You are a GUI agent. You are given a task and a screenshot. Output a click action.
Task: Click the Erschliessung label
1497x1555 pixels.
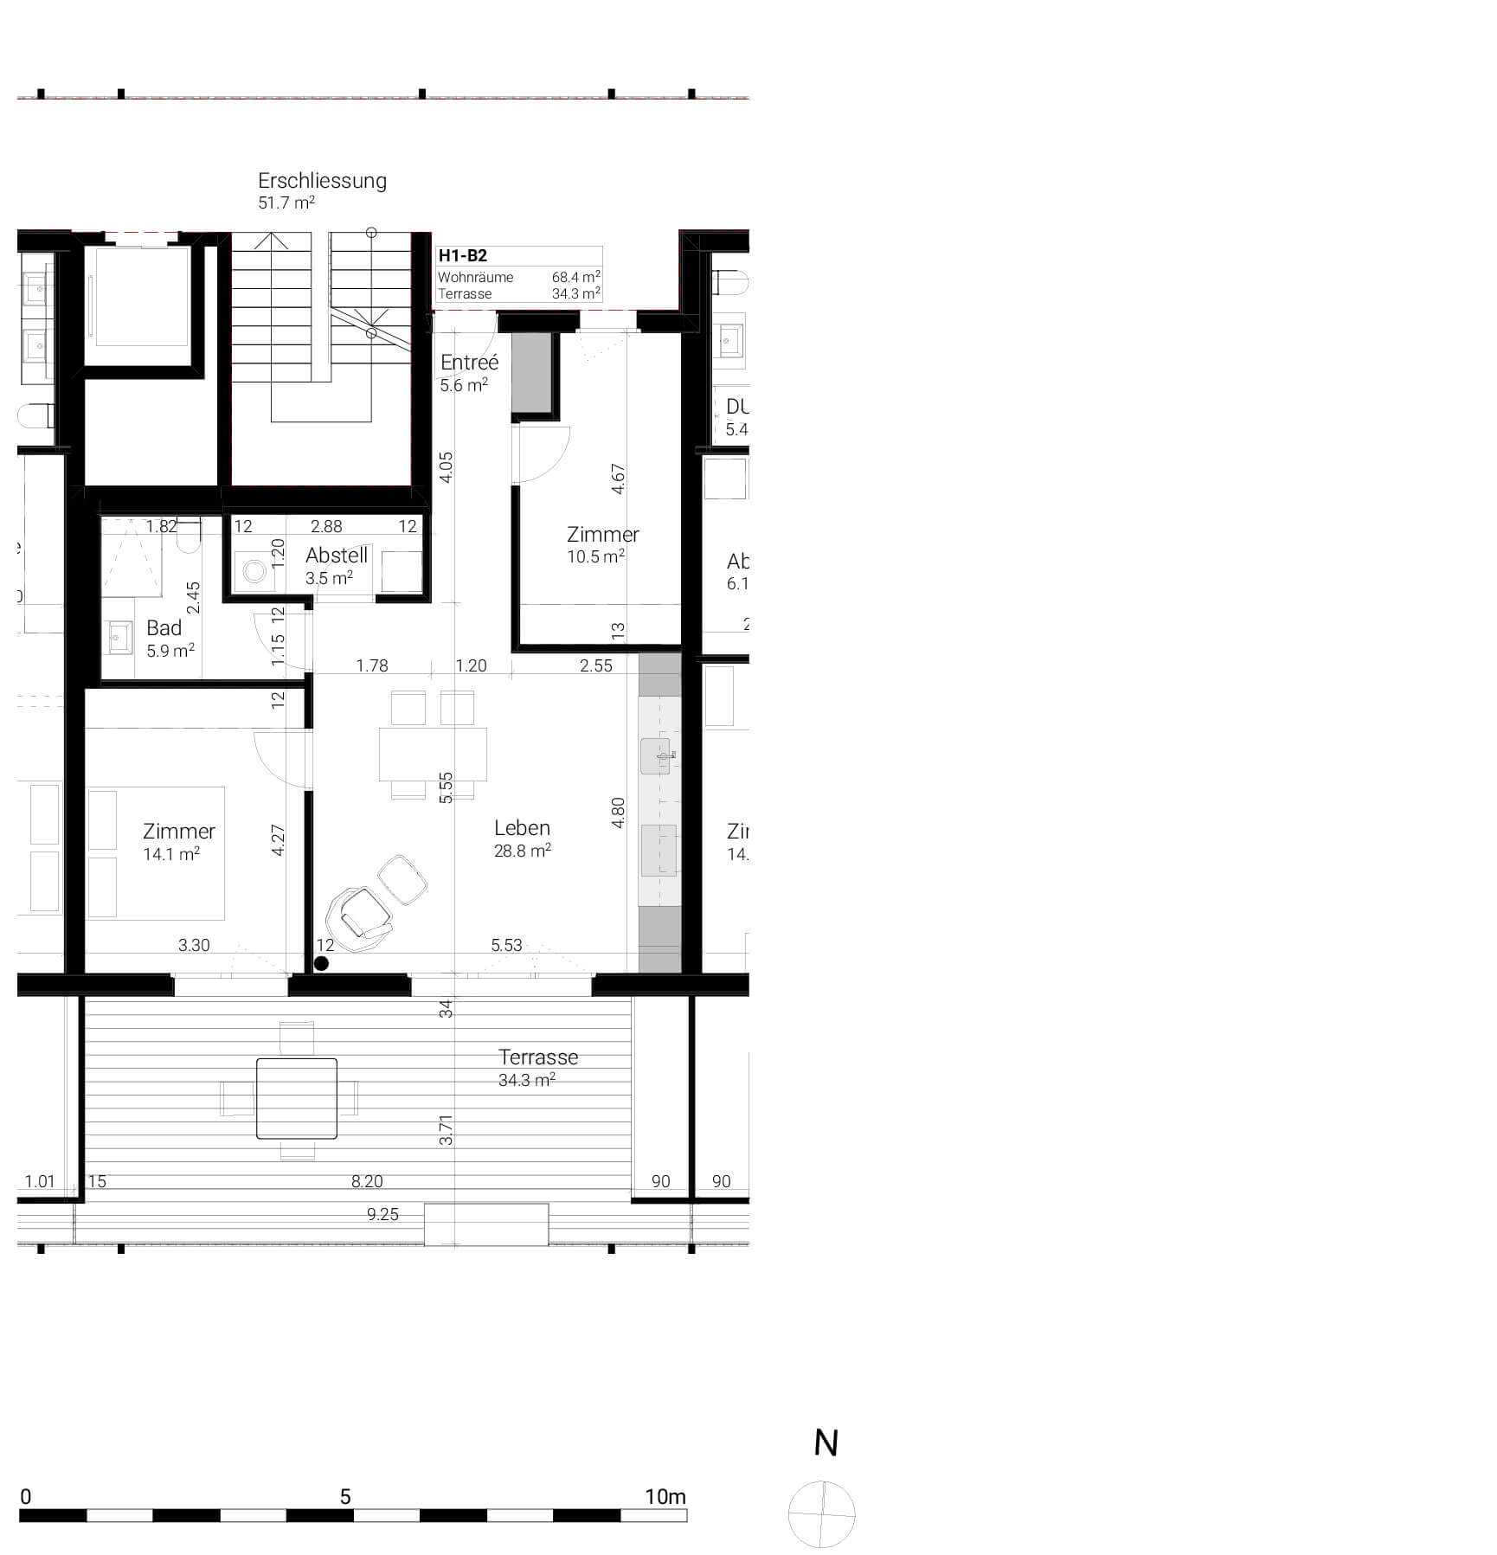[x=322, y=181]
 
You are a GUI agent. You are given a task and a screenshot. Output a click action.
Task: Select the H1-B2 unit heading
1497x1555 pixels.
[x=462, y=255]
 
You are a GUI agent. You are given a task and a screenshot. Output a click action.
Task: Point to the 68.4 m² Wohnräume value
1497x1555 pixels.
[x=575, y=277]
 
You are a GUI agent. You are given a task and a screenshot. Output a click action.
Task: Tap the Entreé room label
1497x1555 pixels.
[x=469, y=363]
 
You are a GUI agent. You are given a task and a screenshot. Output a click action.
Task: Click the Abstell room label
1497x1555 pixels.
[x=337, y=556]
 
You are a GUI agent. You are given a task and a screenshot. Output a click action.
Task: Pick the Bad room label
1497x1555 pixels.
[x=164, y=628]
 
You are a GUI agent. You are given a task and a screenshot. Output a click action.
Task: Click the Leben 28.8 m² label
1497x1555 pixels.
[x=522, y=838]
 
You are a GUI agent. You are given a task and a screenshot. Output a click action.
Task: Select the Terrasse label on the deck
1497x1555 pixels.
[x=537, y=1057]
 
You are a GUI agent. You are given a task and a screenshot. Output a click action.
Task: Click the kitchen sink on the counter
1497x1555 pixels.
[x=658, y=755]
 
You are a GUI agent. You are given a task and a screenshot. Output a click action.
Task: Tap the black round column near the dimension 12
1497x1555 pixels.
[x=321, y=963]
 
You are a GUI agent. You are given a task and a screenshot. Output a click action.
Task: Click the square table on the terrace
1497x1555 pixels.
[x=297, y=1098]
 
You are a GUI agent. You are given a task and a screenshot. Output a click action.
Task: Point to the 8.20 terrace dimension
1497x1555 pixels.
[x=367, y=1181]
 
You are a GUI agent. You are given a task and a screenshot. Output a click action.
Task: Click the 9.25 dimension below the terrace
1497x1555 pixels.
[x=382, y=1214]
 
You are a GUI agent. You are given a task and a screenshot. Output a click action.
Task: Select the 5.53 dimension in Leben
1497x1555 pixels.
[x=506, y=945]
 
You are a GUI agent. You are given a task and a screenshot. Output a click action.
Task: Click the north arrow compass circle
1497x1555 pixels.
[x=821, y=1514]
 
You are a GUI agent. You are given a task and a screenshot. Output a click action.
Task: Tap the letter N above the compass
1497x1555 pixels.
[x=826, y=1443]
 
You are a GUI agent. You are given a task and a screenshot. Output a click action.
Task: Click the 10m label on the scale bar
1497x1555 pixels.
[x=665, y=1496]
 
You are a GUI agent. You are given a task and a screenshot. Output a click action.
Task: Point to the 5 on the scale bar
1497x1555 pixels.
[x=345, y=1496]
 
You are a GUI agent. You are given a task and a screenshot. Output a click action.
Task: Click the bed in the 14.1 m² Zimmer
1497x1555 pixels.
[x=156, y=852]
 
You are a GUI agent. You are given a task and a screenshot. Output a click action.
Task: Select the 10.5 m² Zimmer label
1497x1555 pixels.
[x=602, y=544]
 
